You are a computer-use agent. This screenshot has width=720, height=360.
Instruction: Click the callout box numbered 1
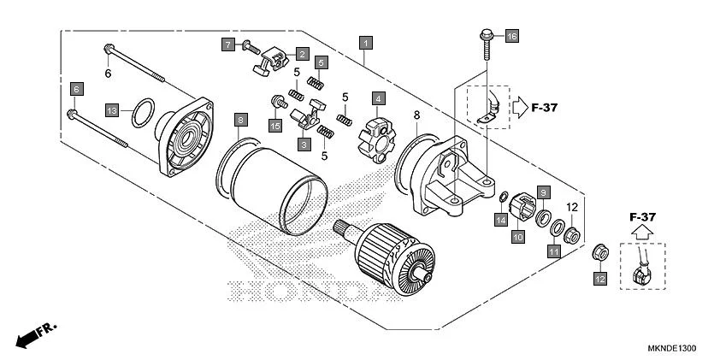click(365, 42)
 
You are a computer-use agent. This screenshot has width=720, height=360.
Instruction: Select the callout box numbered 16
click(512, 37)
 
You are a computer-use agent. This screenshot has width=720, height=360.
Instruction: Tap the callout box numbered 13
click(112, 110)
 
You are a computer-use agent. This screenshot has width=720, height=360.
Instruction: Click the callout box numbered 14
click(501, 220)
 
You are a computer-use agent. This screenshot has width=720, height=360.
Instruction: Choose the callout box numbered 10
click(518, 237)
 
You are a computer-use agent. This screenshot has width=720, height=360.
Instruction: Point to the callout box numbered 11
click(553, 251)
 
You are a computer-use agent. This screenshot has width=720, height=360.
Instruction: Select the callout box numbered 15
click(275, 127)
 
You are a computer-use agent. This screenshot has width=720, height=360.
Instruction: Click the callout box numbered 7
click(227, 43)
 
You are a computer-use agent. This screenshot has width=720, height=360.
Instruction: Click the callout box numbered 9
click(542, 192)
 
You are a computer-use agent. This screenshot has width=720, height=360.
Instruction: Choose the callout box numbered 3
click(303, 145)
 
